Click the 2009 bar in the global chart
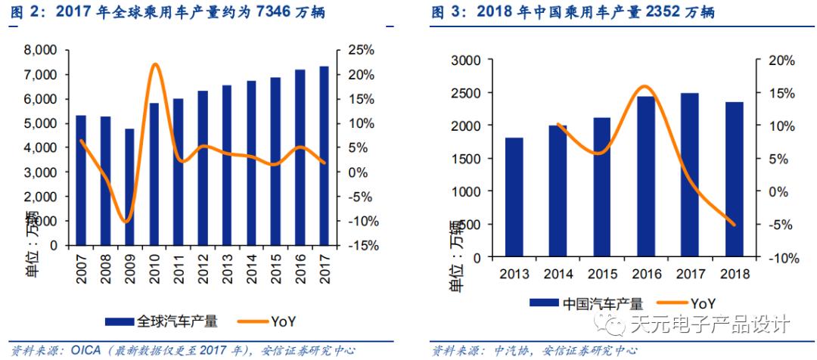pyautogui.click(x=129, y=187)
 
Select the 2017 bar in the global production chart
pyautogui.click(x=324, y=156)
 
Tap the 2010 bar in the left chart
pyautogui.click(x=154, y=174)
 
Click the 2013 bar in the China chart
pyautogui.click(x=514, y=197)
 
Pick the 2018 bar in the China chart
pyautogui.click(x=735, y=180)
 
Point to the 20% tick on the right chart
pyautogui.click(x=779, y=61)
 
